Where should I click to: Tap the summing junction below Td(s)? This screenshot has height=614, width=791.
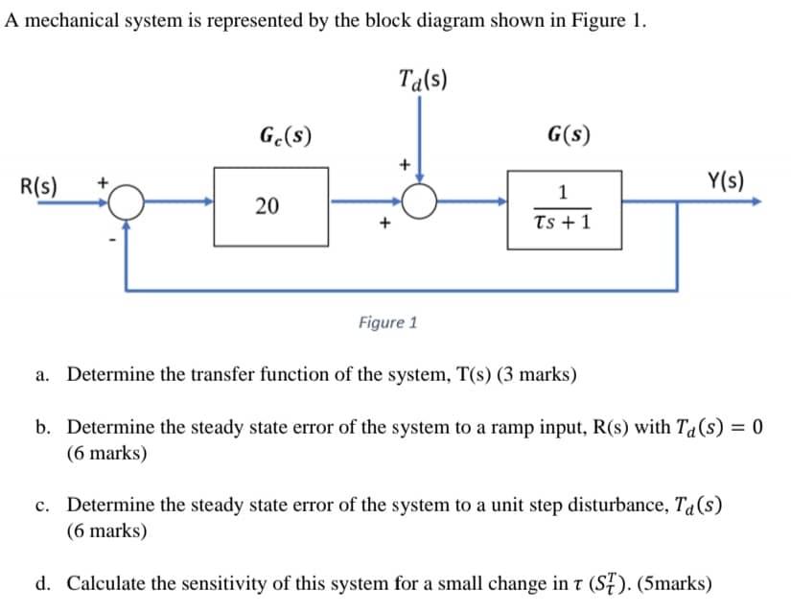(419, 202)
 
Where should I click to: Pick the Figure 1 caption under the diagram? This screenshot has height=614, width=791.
(387, 322)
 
